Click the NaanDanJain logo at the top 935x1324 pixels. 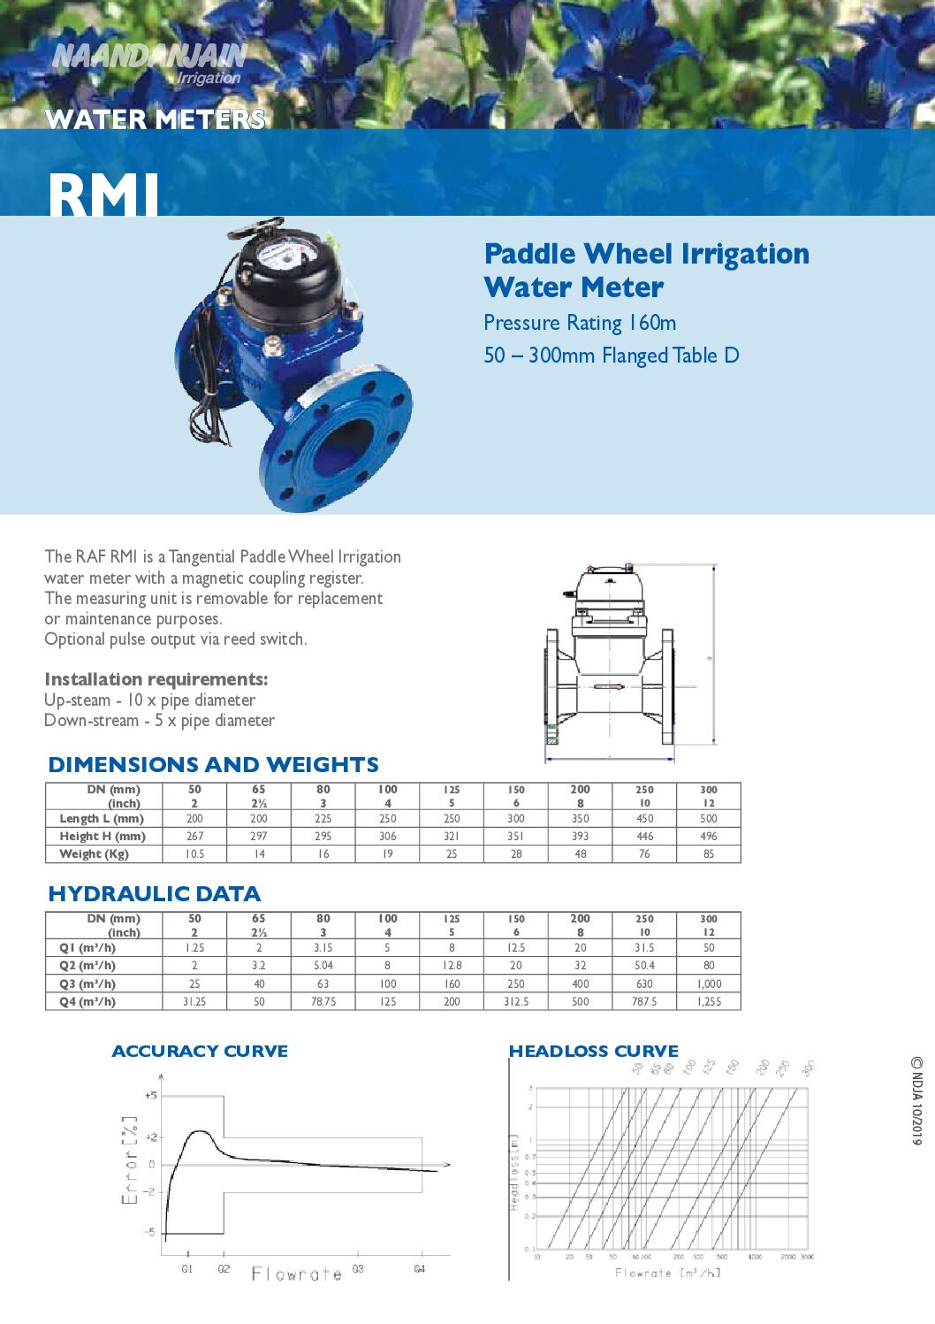(x=148, y=63)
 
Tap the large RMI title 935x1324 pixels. (x=103, y=194)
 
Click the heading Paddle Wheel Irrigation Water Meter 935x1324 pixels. (x=646, y=270)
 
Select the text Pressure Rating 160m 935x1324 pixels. (x=580, y=324)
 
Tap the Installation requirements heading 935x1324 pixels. (x=156, y=679)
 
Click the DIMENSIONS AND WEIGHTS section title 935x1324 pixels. (x=213, y=765)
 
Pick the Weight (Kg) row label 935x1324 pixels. (x=95, y=854)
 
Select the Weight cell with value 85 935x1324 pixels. (x=709, y=854)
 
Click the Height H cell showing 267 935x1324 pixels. (x=194, y=837)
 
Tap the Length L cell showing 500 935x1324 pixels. (x=709, y=819)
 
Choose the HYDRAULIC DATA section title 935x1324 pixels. (x=155, y=894)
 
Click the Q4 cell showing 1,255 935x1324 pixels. (x=709, y=1002)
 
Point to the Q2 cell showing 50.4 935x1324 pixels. (x=644, y=966)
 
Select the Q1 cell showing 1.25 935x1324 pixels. (x=194, y=948)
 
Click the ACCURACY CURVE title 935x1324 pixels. (x=200, y=1052)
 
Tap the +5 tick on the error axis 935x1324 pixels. (x=151, y=1096)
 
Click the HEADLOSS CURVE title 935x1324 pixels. (x=594, y=1052)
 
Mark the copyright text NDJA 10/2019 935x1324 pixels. (x=917, y=1101)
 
